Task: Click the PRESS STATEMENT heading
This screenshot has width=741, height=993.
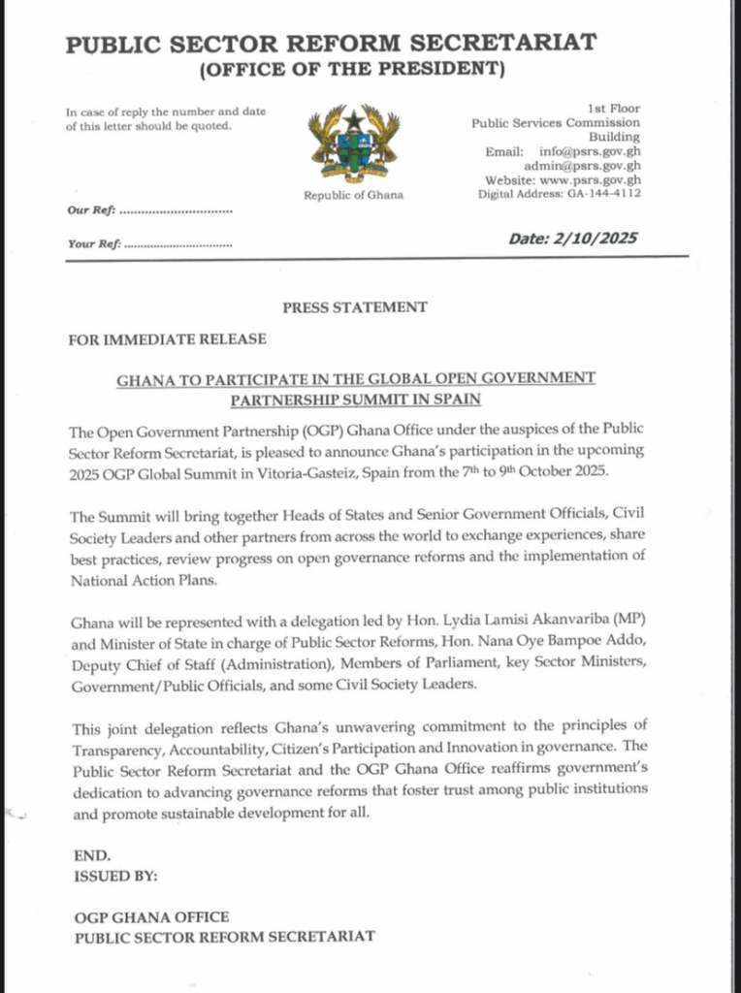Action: [355, 307]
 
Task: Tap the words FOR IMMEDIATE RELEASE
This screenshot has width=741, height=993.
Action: [167, 340]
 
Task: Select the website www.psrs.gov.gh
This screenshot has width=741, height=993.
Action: [593, 179]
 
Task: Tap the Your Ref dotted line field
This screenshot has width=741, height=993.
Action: [179, 244]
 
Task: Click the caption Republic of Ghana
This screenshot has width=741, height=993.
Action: [353, 195]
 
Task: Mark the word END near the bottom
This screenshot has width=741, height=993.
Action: [92, 856]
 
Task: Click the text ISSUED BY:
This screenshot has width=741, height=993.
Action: [115, 876]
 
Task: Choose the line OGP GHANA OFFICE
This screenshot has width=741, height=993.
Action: [152, 917]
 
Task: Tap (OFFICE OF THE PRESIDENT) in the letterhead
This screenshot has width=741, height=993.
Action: [352, 69]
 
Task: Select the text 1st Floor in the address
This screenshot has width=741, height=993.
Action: [614, 109]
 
